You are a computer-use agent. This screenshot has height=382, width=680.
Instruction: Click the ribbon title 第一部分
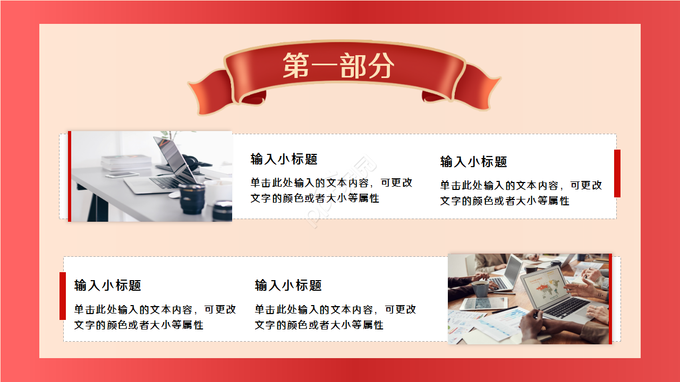(338, 66)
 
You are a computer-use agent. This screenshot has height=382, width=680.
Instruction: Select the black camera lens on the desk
(191, 199)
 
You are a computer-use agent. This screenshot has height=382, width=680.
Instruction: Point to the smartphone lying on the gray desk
(122, 175)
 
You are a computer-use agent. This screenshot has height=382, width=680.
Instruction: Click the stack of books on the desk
(126, 162)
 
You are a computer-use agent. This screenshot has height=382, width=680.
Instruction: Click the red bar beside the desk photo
(70, 176)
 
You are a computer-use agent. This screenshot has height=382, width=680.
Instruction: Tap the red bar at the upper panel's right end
(617, 173)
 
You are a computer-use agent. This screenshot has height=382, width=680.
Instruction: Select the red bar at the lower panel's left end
(63, 296)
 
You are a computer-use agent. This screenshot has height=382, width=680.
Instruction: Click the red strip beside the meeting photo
(610, 299)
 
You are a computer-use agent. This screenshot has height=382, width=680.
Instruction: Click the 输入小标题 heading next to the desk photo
(284, 159)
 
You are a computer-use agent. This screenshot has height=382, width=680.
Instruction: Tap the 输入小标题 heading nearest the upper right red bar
(474, 162)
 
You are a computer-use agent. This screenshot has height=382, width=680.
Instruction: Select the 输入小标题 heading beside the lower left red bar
(108, 285)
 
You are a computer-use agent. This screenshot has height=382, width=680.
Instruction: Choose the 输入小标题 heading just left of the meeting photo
(288, 285)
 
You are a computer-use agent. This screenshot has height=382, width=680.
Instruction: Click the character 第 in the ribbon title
(295, 66)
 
